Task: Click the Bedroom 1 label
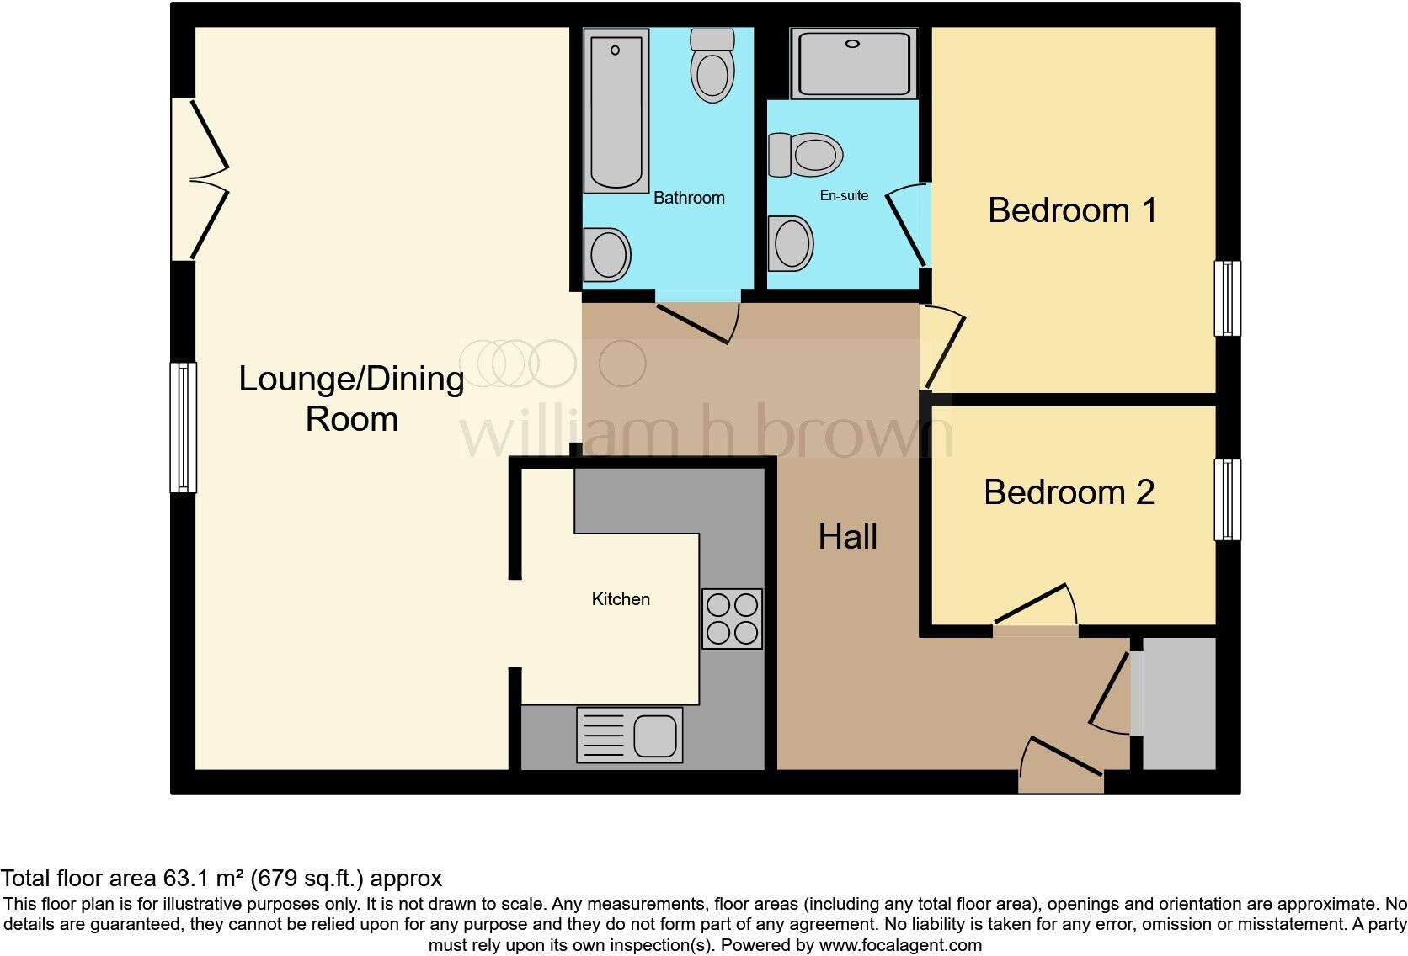1072,210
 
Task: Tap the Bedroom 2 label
1069,492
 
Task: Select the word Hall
847,537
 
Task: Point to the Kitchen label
621,599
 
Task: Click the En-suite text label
844,195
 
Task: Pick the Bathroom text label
689,198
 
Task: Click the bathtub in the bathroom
616,110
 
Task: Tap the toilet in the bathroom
712,66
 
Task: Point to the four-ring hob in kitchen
732,619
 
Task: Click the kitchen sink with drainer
629,735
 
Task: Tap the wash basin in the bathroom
608,254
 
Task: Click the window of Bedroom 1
1227,299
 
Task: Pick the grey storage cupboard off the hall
1178,704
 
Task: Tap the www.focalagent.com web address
900,945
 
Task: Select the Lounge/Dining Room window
184,427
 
